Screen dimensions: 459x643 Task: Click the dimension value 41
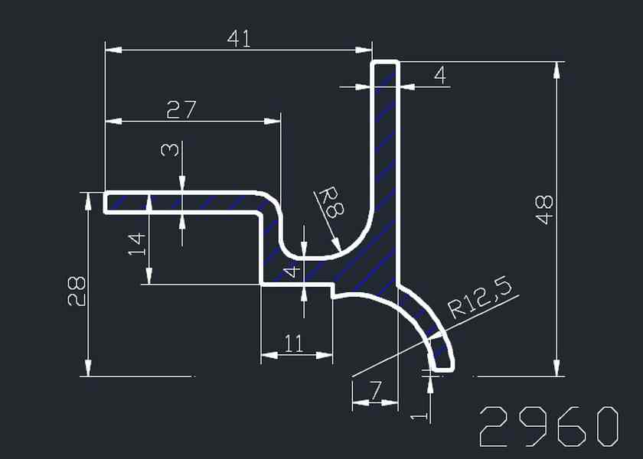(x=239, y=38)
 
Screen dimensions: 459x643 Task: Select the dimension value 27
(x=181, y=109)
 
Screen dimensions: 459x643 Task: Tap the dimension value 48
(x=544, y=210)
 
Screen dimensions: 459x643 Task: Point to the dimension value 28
(x=77, y=291)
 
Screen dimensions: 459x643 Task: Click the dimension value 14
(x=138, y=244)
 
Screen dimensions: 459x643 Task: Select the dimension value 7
(x=374, y=390)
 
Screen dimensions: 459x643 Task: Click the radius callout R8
(x=329, y=203)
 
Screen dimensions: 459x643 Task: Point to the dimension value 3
(x=170, y=148)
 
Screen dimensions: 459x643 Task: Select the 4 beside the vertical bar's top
(x=439, y=75)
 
